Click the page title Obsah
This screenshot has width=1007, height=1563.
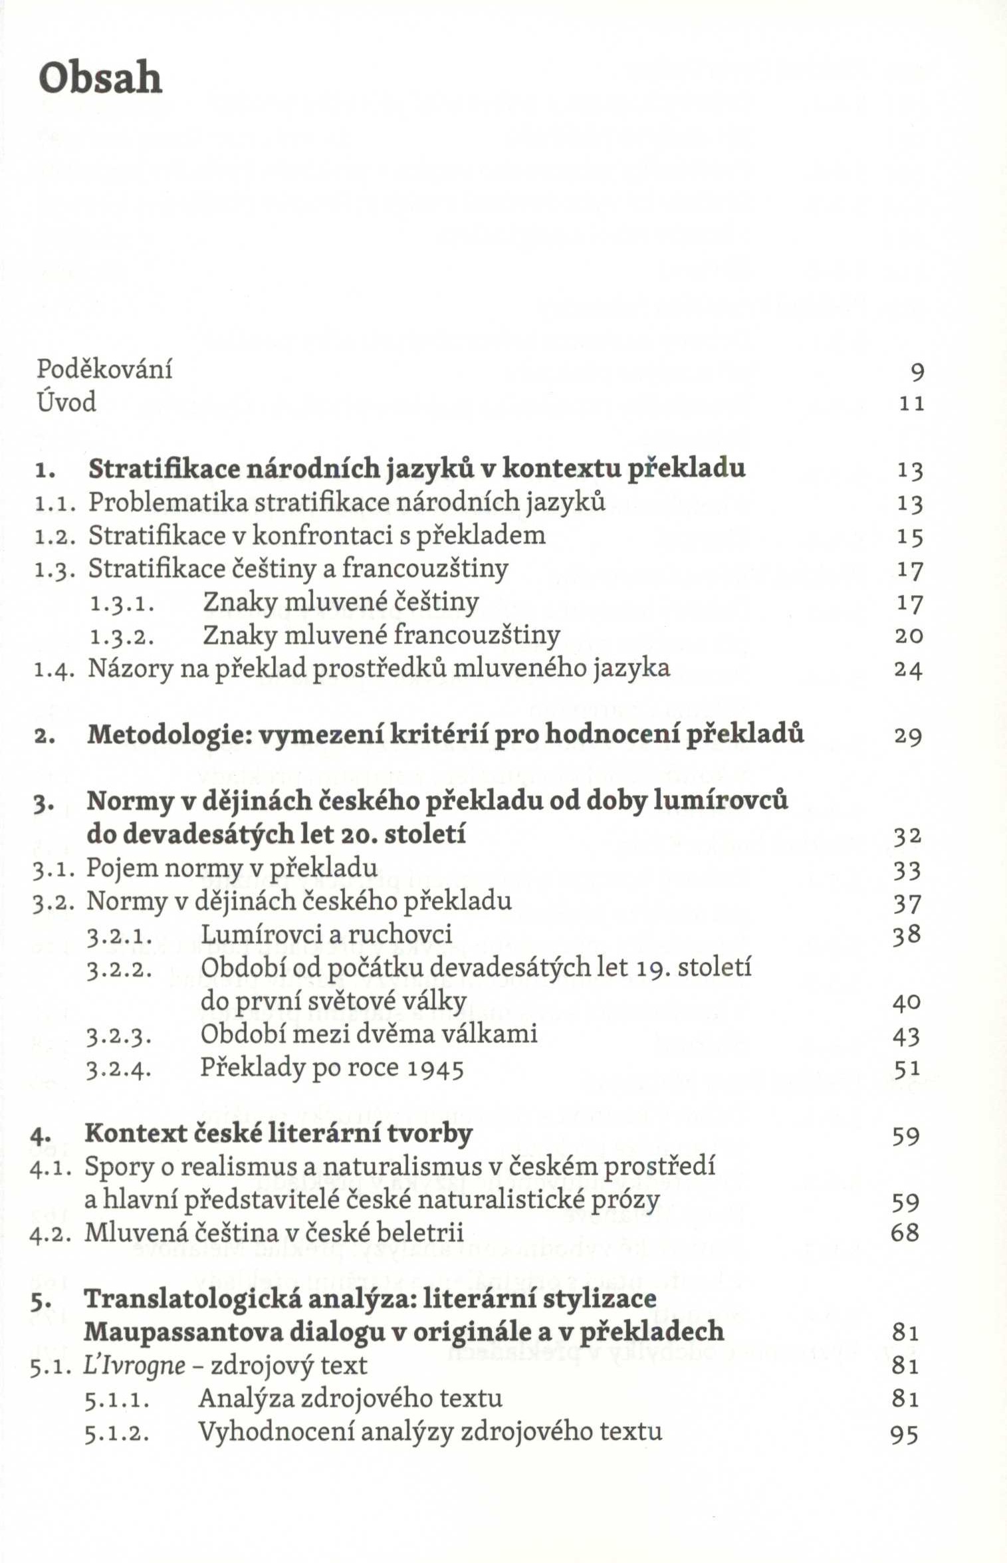(x=100, y=78)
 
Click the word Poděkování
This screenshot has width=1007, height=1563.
(x=104, y=369)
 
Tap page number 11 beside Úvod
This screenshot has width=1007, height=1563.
(x=911, y=404)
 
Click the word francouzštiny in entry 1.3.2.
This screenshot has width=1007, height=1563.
(x=477, y=636)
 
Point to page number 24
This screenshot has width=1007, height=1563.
(x=908, y=669)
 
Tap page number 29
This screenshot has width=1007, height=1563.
(x=908, y=736)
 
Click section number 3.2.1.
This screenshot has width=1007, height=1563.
(x=120, y=936)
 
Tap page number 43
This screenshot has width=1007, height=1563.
(x=907, y=1036)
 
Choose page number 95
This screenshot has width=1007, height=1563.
(x=905, y=1434)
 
